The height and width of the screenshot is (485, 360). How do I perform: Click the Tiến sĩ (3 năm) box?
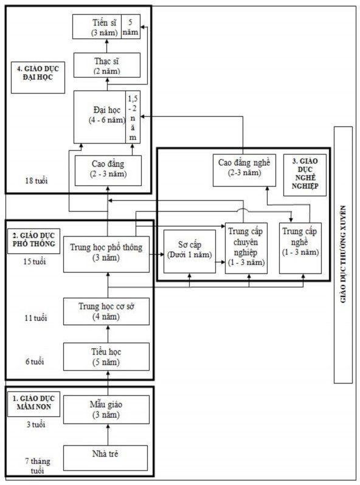pos(97,27)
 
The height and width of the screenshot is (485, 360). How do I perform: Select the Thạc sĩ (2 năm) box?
pos(107,65)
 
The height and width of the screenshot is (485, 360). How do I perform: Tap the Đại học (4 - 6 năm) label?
pos(107,115)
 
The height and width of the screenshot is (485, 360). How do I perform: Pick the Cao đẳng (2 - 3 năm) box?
pos(108,170)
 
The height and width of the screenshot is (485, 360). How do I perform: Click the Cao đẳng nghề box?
pos(244,170)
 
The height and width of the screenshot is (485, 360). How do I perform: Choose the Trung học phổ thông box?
pos(106,254)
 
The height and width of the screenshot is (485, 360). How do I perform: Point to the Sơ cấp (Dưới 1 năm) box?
pos(190,252)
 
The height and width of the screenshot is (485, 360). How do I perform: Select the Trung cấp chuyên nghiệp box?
pos(246,248)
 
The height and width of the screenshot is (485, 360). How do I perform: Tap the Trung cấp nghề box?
pos(300,248)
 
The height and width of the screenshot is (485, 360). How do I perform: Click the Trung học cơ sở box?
pos(106,311)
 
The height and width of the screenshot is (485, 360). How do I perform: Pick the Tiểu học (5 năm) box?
pos(106,357)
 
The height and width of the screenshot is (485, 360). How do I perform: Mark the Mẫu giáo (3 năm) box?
pos(106,410)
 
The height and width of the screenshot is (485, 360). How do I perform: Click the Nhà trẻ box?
pos(105,458)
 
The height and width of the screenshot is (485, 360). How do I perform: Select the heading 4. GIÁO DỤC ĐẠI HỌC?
pos(38,73)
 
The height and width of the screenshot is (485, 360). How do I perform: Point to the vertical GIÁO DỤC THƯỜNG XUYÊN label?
pos(343,254)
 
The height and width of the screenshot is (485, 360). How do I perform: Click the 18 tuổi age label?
pos(36,181)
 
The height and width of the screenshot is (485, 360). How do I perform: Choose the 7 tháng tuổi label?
pos(38,466)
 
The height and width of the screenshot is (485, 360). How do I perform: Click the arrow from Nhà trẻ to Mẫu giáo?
pos(108,435)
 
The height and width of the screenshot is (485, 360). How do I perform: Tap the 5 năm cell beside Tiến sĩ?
pos(131,27)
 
